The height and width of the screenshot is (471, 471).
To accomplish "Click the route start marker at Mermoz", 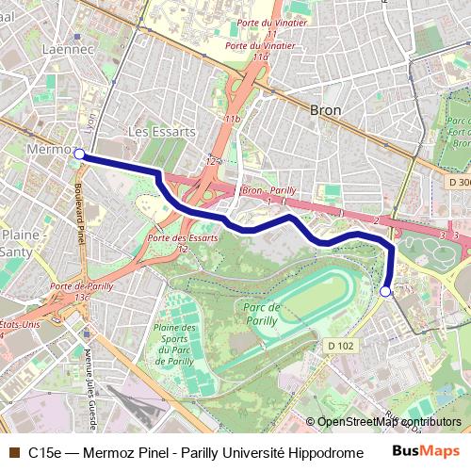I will pos(80,154).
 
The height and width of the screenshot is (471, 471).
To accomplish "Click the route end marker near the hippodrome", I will pos(384,292).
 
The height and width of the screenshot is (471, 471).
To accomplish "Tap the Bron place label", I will pos(325,110).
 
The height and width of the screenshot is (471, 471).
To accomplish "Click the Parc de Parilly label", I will pos(263,313).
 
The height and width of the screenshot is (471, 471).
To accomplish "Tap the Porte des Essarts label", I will pos(183,237).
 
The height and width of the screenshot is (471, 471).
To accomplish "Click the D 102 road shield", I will pos(344,345).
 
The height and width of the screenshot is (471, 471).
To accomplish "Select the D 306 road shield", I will pos(458,181).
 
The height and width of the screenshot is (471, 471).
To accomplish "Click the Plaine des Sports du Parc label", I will pos(174,345).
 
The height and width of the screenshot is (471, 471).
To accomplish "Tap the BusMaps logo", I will pos(427,451).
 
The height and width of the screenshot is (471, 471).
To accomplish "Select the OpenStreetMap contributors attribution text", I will pos(389,422).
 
